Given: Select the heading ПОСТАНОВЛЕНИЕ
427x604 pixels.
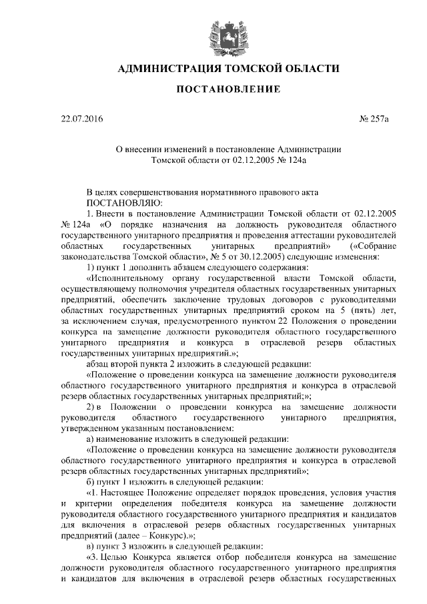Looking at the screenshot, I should (213, 89).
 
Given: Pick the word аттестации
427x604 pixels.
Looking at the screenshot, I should (312, 235).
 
